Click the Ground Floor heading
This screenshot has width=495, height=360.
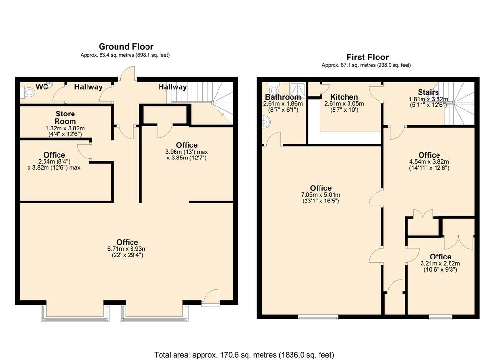126,47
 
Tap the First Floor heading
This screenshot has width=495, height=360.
367,57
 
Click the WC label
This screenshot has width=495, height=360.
42,87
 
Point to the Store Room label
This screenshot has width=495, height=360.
64,117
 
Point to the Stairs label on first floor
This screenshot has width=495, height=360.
428,92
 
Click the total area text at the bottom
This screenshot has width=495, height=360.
244,355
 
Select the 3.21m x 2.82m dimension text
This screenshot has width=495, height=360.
440,263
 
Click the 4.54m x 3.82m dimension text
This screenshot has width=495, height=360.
429,162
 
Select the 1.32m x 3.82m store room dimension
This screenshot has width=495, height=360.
64,128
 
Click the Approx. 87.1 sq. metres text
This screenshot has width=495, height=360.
366,65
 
